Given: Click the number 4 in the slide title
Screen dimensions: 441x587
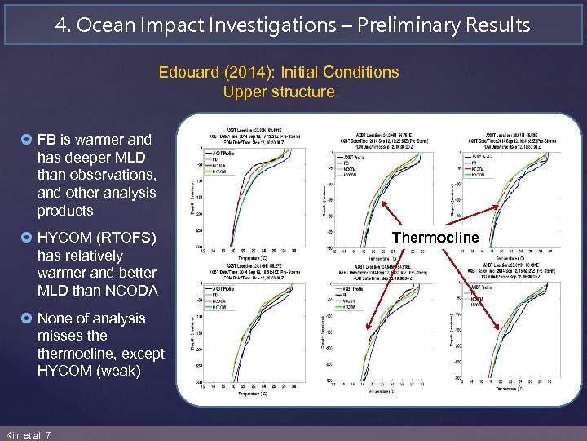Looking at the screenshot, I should tap(62, 24).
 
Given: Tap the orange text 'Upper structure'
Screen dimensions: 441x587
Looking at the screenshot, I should tap(279, 91).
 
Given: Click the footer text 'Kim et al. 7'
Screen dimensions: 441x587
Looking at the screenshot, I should tap(28, 434).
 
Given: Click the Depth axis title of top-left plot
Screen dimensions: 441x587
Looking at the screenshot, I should tap(192, 196).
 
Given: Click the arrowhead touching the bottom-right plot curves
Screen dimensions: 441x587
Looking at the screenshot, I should tap(500, 327).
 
